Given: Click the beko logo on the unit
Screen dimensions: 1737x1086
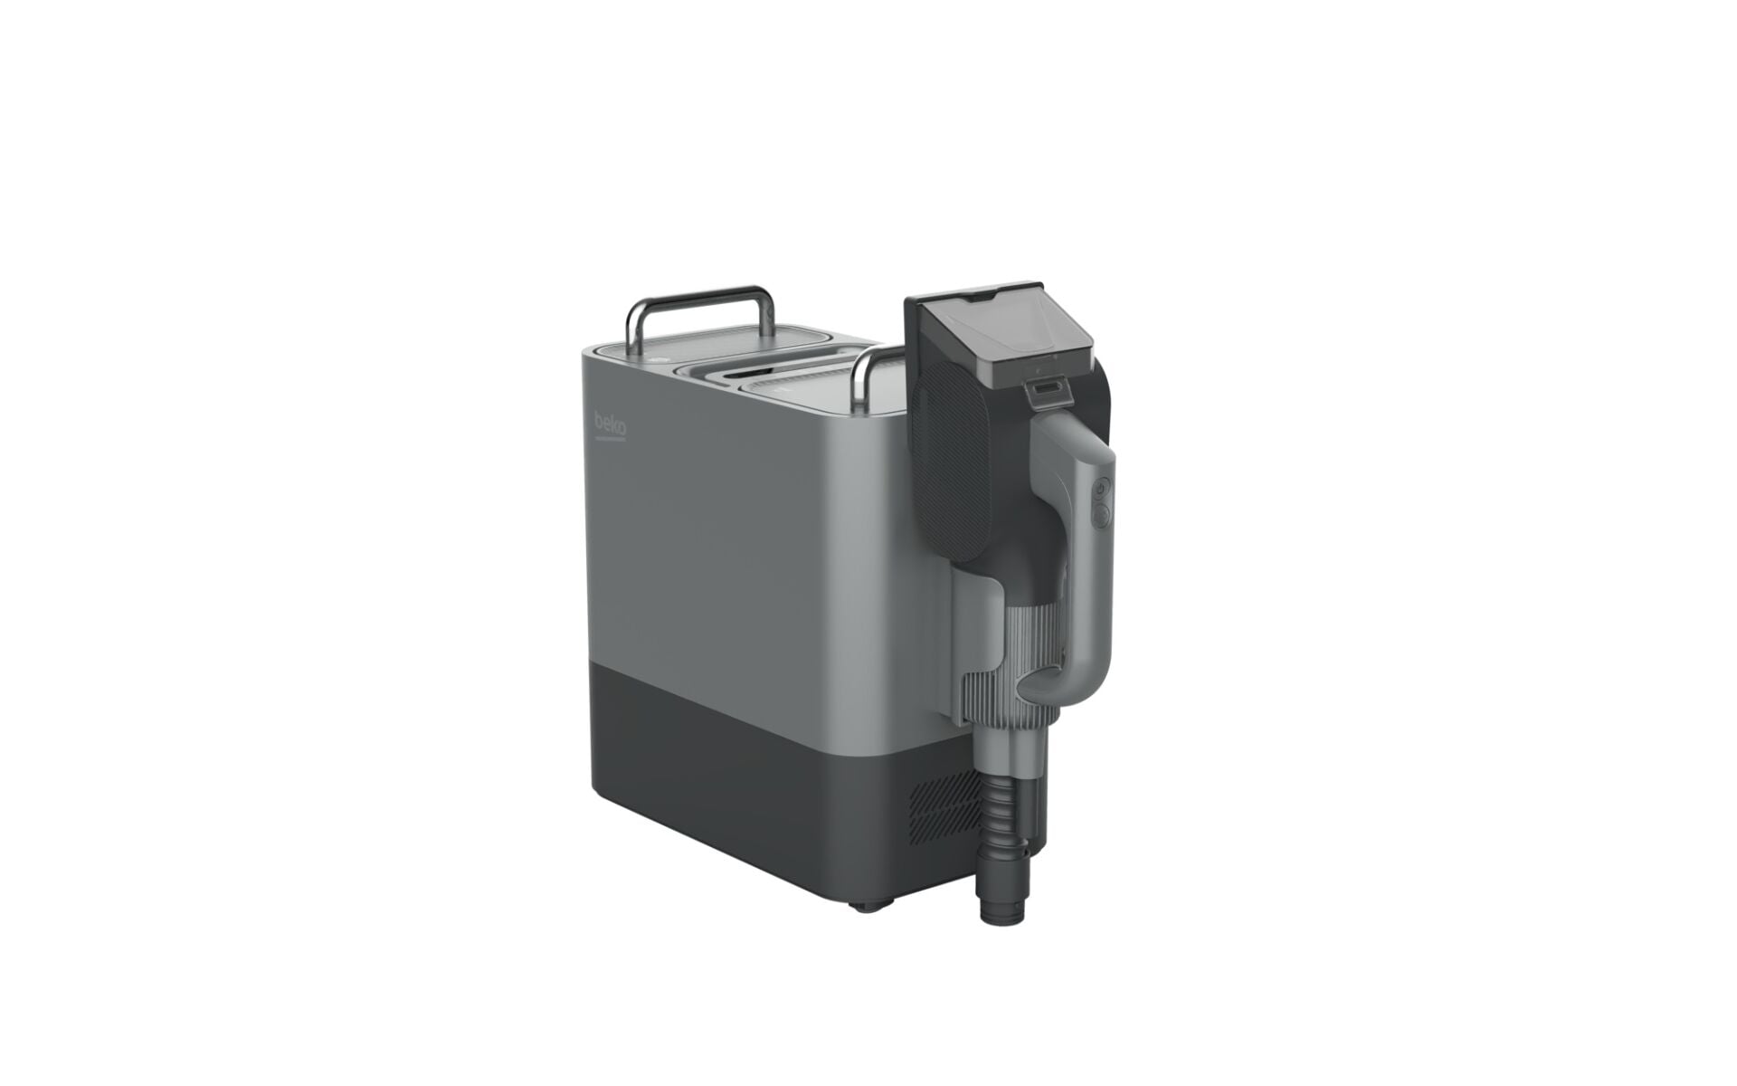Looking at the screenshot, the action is tap(611, 424).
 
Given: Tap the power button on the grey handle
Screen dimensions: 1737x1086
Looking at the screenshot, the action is tap(1099, 490).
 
